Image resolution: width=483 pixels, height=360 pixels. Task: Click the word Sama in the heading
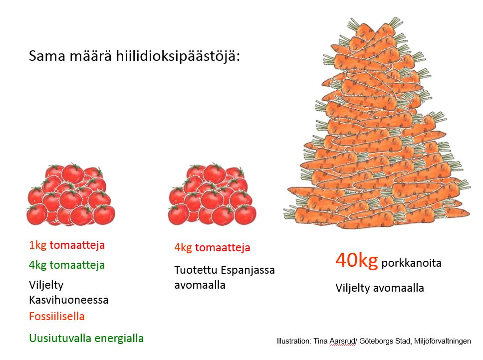[47, 56]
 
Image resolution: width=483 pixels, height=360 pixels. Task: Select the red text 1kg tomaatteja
[67, 245]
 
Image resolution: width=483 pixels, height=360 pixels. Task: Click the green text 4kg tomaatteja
[67, 265]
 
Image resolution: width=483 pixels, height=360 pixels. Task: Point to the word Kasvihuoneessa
[69, 300]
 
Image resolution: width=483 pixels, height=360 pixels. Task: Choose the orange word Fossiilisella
[57, 316]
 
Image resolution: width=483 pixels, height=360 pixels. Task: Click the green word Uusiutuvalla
[60, 338]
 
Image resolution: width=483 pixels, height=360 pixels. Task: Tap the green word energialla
[119, 339]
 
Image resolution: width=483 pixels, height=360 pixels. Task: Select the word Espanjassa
[247, 270]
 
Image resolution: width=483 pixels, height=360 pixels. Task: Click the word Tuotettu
[196, 270]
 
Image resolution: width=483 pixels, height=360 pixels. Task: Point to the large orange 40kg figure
[357, 260]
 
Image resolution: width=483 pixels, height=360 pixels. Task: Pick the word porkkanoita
[411, 263]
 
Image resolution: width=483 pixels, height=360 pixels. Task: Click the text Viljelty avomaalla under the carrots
[380, 288]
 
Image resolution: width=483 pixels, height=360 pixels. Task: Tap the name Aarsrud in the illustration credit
[342, 341]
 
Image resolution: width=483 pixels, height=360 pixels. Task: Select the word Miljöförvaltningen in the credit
[443, 341]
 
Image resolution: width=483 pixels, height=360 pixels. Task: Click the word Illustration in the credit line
[293, 341]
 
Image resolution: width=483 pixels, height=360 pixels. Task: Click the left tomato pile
[71, 194]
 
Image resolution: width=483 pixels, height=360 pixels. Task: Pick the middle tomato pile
[212, 194]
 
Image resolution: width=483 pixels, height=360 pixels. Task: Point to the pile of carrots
[377, 123]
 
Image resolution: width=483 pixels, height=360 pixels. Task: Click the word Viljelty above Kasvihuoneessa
[46, 285]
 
